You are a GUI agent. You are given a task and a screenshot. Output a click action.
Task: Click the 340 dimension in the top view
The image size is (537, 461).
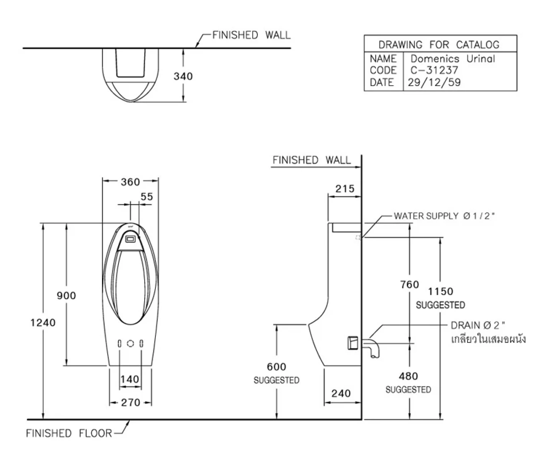(x=183, y=76)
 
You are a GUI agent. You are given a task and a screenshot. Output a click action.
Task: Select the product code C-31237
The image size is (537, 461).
(x=434, y=70)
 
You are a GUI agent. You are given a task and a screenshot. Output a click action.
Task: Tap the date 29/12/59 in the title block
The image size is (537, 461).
(x=434, y=82)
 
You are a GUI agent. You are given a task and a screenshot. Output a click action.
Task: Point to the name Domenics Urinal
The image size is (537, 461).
(x=453, y=59)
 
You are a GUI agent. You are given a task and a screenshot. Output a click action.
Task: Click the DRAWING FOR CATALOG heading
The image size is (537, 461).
(x=439, y=45)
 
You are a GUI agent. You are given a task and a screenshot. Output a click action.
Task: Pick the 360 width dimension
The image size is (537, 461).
(x=130, y=182)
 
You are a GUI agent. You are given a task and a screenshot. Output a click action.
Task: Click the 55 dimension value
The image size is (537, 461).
(x=147, y=197)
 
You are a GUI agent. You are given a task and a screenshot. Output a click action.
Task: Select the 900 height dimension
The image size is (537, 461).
(x=66, y=296)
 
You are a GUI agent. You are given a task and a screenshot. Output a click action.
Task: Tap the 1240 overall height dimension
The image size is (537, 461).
(x=43, y=322)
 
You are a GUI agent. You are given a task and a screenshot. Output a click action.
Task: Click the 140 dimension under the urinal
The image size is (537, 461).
(x=130, y=379)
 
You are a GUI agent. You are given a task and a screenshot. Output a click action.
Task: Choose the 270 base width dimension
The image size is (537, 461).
(x=130, y=403)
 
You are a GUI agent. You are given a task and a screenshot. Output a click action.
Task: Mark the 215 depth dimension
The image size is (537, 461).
(x=345, y=189)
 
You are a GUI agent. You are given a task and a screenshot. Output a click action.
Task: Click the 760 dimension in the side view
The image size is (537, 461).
(x=409, y=284)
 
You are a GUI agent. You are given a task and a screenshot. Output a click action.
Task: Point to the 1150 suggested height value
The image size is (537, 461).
(x=441, y=292)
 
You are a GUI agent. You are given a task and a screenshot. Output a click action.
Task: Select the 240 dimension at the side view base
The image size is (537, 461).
(x=341, y=393)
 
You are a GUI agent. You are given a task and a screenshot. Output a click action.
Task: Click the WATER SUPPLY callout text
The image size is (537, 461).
(x=444, y=216)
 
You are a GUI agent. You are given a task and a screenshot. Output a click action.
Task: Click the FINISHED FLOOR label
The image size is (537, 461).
(x=69, y=433)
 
